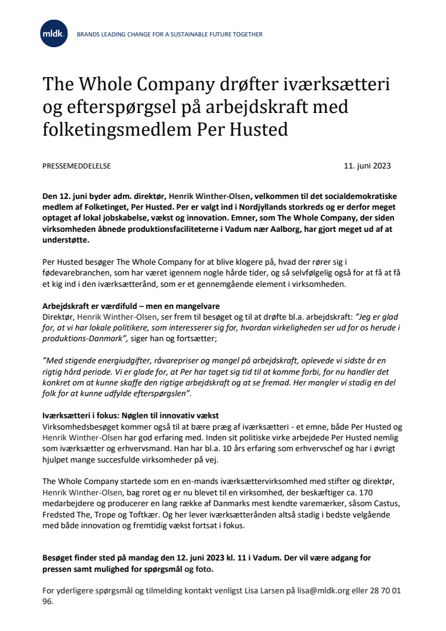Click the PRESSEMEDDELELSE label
77,166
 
